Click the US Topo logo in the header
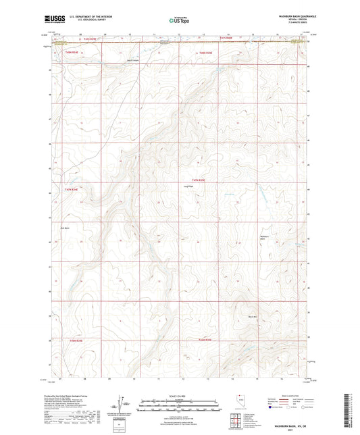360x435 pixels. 180,20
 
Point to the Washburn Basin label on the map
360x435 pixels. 264,237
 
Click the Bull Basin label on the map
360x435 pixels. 66,228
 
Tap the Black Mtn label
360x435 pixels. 252,316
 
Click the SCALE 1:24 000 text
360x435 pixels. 180,395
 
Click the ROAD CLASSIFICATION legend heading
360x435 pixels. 292,395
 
